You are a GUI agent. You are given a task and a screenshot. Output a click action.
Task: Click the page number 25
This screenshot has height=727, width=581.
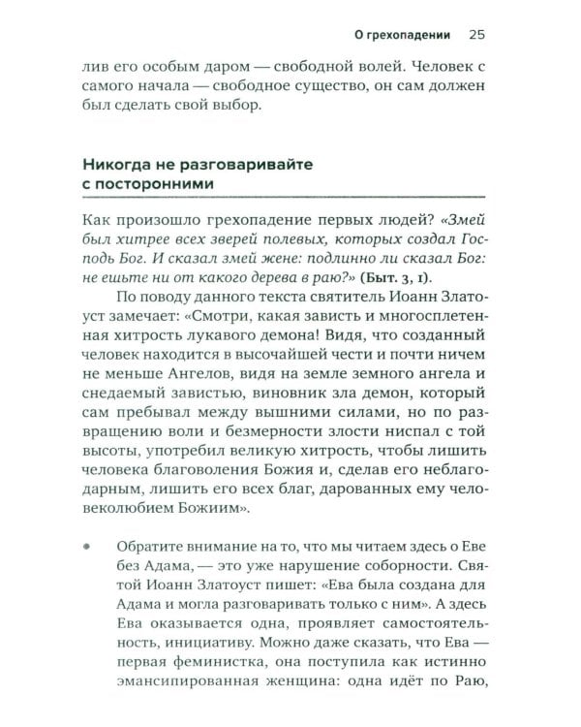475,35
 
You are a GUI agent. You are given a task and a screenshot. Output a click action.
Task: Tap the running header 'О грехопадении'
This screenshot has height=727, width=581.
403,35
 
